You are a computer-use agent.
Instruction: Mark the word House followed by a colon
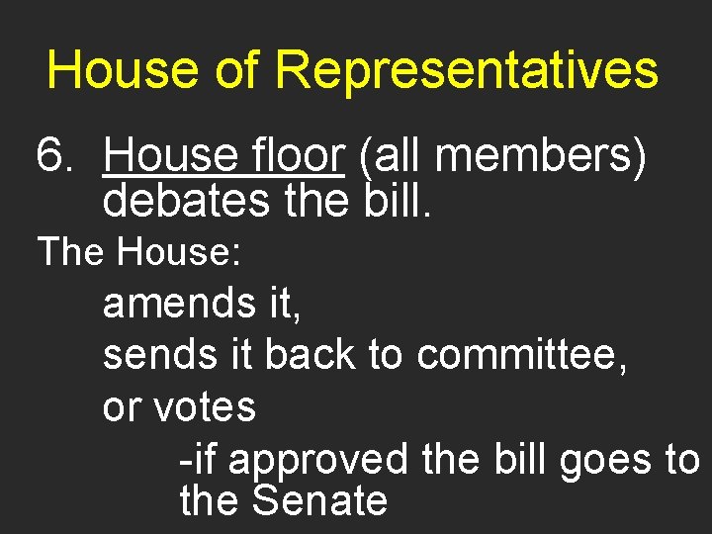[178, 252]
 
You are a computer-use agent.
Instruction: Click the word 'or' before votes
[122, 406]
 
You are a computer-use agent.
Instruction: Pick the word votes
[205, 406]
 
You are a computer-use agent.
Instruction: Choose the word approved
[317, 459]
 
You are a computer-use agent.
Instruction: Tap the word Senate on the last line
[319, 500]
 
